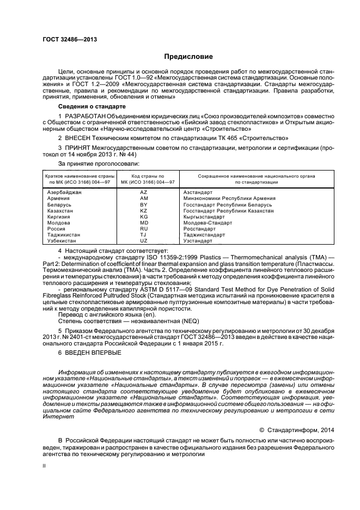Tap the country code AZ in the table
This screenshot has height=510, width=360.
pyautogui.click(x=144, y=193)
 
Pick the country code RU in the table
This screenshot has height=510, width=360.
pyautogui.click(x=144, y=229)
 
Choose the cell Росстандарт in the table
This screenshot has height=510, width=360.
pyautogui.click(x=199, y=229)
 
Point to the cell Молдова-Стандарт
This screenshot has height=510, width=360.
pyautogui.click(x=208, y=223)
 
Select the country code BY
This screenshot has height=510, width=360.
pyautogui.click(x=144, y=205)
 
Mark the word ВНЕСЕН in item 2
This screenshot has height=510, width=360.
pyautogui.click(x=79, y=139)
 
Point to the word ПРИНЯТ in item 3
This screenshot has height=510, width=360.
pyautogui.click(x=80, y=148)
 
